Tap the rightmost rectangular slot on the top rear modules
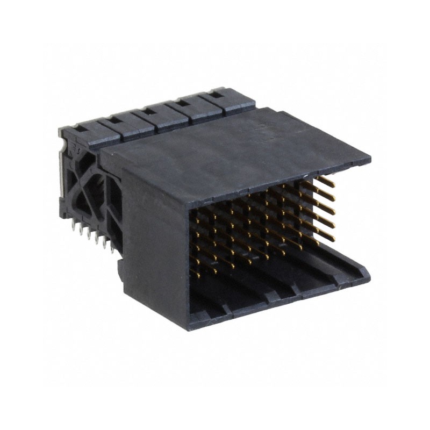(214, 95)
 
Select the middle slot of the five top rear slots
(148, 111)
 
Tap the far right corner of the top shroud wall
(370, 161)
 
